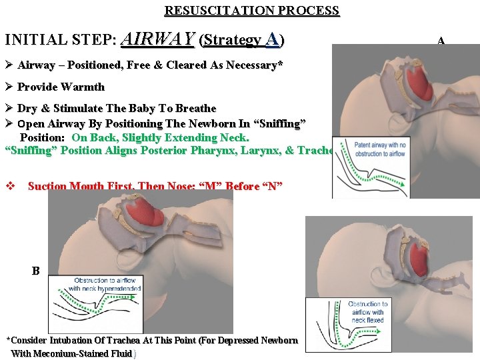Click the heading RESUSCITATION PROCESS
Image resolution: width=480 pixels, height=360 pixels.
252,11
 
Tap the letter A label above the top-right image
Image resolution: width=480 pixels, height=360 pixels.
441,41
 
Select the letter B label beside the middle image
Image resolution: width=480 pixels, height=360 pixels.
35,271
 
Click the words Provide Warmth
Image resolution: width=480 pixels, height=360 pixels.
61,87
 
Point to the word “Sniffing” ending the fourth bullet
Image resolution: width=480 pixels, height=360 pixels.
280,123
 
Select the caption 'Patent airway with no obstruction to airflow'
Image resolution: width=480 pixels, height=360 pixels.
380,149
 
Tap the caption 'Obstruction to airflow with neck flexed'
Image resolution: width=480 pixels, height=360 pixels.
368,312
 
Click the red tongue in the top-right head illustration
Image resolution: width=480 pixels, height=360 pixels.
419,84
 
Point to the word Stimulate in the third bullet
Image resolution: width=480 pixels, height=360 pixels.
77,108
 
